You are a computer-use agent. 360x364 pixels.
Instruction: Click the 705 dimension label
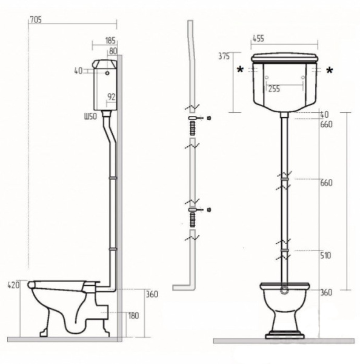coord(36,20)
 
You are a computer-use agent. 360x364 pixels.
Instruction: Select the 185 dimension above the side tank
coord(110,41)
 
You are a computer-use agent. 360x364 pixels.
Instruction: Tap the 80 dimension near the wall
coord(113,51)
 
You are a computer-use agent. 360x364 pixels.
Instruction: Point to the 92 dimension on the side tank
coord(112,97)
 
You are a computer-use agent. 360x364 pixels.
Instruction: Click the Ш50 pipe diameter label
coord(90,116)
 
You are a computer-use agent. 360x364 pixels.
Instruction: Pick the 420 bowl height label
coord(14,285)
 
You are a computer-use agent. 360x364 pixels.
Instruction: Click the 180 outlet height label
coord(133,315)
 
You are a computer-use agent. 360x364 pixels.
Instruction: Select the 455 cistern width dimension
coord(258,39)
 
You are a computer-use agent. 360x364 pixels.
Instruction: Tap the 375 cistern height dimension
coord(224,56)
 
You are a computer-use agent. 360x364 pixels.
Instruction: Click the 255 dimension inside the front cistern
coord(274,89)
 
